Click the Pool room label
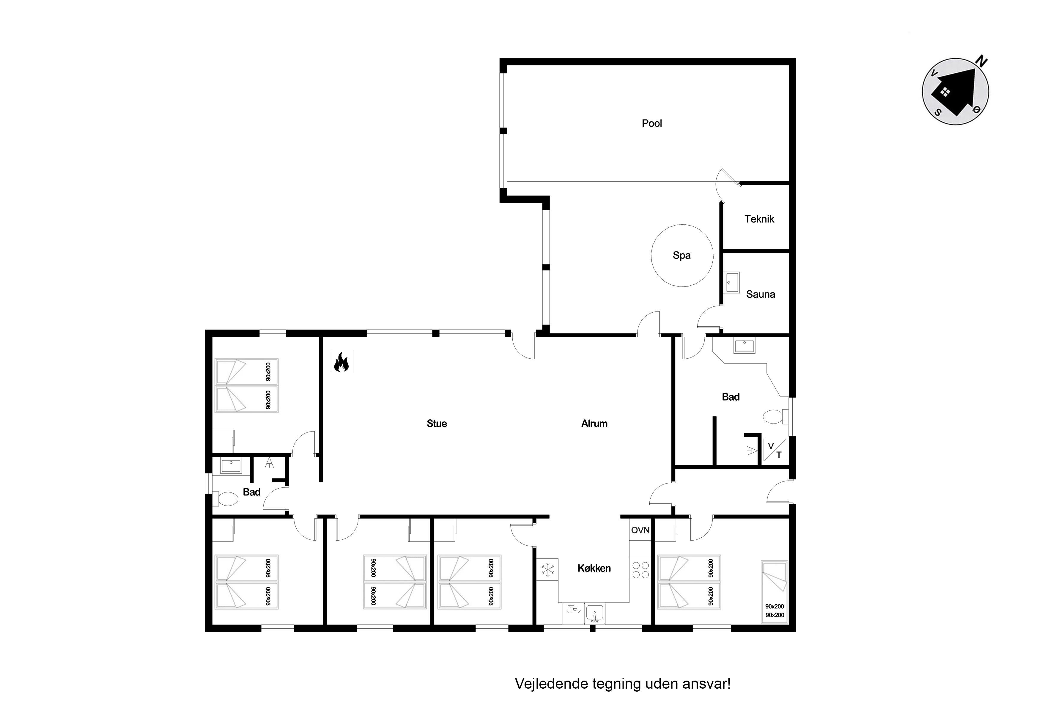tap(651, 123)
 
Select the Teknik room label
tap(759, 219)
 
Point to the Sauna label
tap(760, 294)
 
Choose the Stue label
tap(437, 424)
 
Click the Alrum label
tap(594, 424)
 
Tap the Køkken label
tap(594, 568)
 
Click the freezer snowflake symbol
tap(547, 569)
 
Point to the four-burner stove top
tap(640, 569)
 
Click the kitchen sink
tap(594, 613)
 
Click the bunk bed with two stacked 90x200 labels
tap(775, 592)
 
